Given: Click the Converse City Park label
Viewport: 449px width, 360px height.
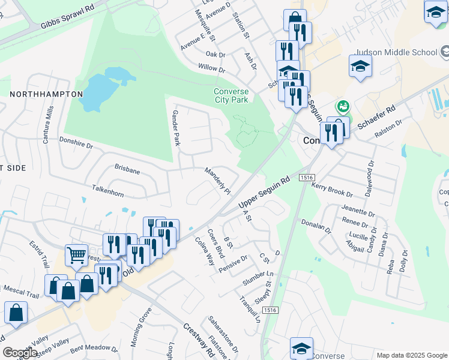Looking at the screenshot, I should point(231,95).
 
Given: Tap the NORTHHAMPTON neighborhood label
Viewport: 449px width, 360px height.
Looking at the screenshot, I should point(46,94).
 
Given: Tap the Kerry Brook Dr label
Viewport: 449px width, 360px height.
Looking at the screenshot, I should point(332,190).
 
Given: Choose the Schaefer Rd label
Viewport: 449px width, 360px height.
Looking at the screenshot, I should point(377,118).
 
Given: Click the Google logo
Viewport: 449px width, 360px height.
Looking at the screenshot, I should point(20,352).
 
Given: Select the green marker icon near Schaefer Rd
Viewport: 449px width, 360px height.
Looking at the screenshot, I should point(343,107).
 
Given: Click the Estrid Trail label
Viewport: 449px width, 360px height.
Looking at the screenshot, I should point(41,254).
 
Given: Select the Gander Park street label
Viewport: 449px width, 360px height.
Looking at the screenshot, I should point(176,127).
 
